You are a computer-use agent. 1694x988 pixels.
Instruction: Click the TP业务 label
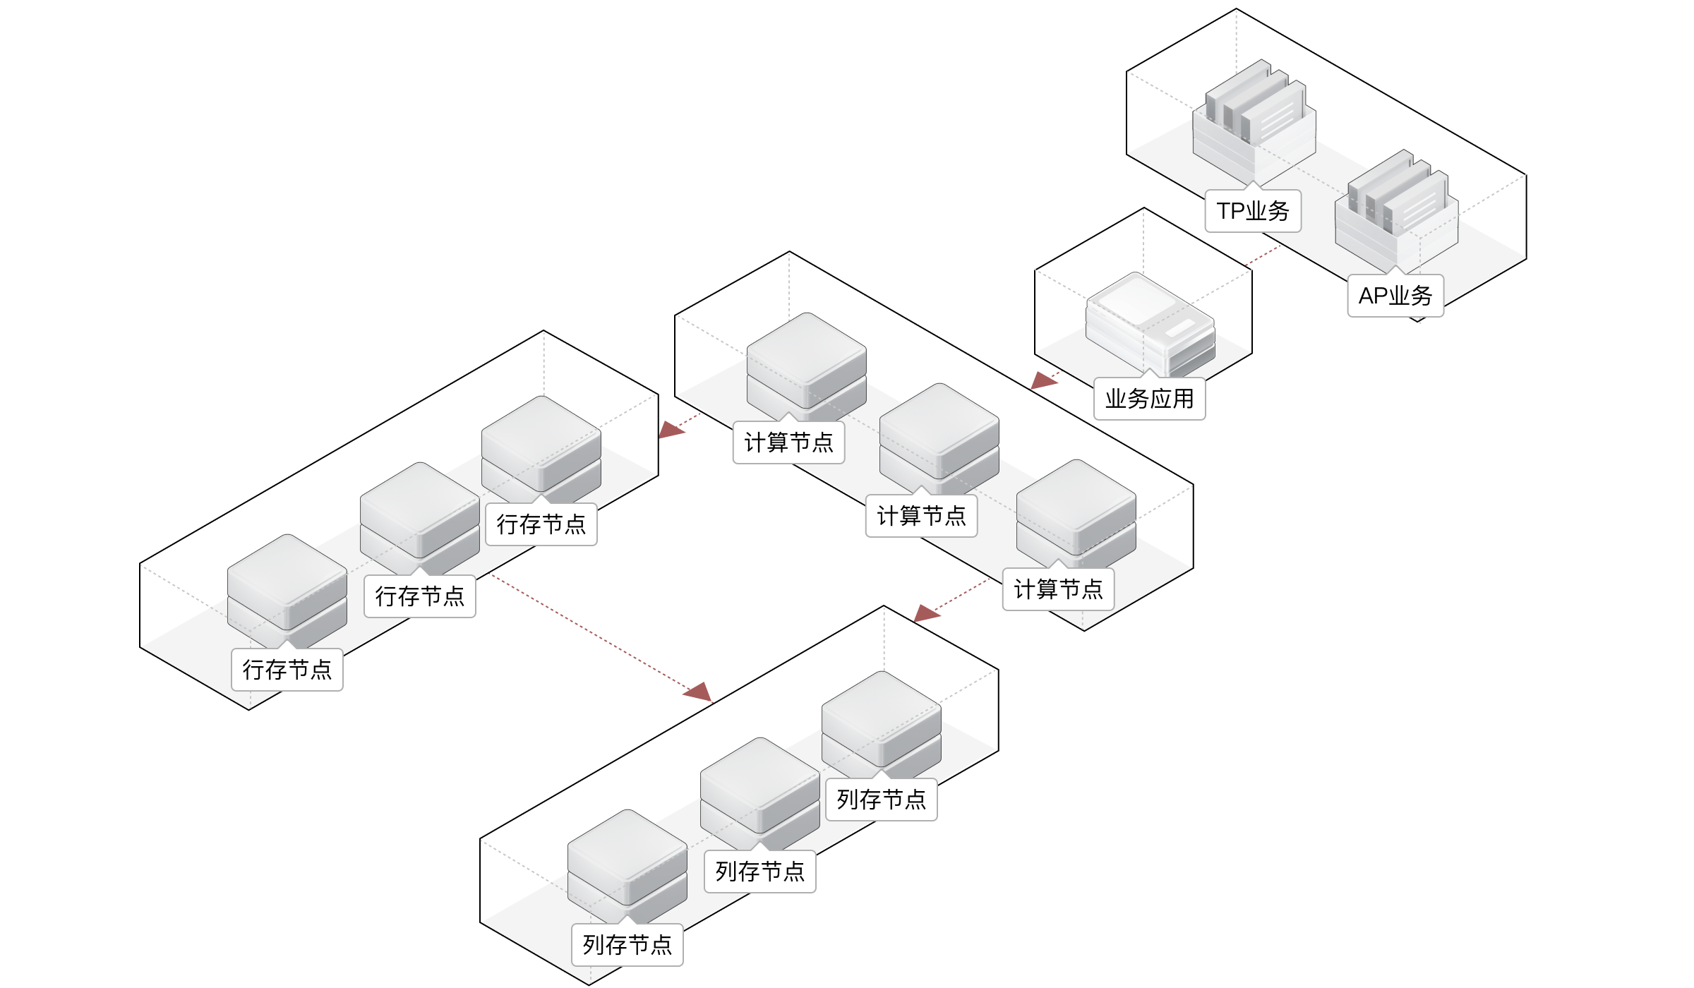pyautogui.click(x=1253, y=211)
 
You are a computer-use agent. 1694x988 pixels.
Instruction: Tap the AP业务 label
pyautogui.click(x=1395, y=296)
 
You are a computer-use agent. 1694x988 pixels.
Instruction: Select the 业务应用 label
pyautogui.click(x=1149, y=399)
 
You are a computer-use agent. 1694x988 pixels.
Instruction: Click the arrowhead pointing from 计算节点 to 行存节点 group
pyautogui.click(x=671, y=429)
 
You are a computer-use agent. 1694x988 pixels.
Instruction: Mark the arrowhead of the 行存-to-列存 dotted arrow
pyautogui.click(x=698, y=692)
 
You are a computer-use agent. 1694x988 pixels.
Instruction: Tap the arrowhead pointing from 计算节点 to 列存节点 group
pyautogui.click(x=927, y=613)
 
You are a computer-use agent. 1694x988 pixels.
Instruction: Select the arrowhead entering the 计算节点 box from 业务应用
pyautogui.click(x=1043, y=380)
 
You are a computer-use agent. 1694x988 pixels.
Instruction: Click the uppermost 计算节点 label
pyautogui.click(x=788, y=442)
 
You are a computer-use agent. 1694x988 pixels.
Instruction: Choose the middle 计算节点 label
pyautogui.click(x=921, y=516)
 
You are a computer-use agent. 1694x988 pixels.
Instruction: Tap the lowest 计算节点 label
pyautogui.click(x=1058, y=589)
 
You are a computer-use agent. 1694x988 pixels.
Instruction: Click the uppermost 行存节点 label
pyautogui.click(x=541, y=524)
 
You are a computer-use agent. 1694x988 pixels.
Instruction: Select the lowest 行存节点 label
pyautogui.click(x=287, y=670)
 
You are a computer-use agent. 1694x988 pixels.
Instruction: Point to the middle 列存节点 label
pyautogui.click(x=760, y=872)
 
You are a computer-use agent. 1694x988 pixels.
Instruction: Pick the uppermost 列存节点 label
pyautogui.click(x=882, y=800)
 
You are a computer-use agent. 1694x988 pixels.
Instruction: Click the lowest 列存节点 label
pyautogui.click(x=627, y=945)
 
